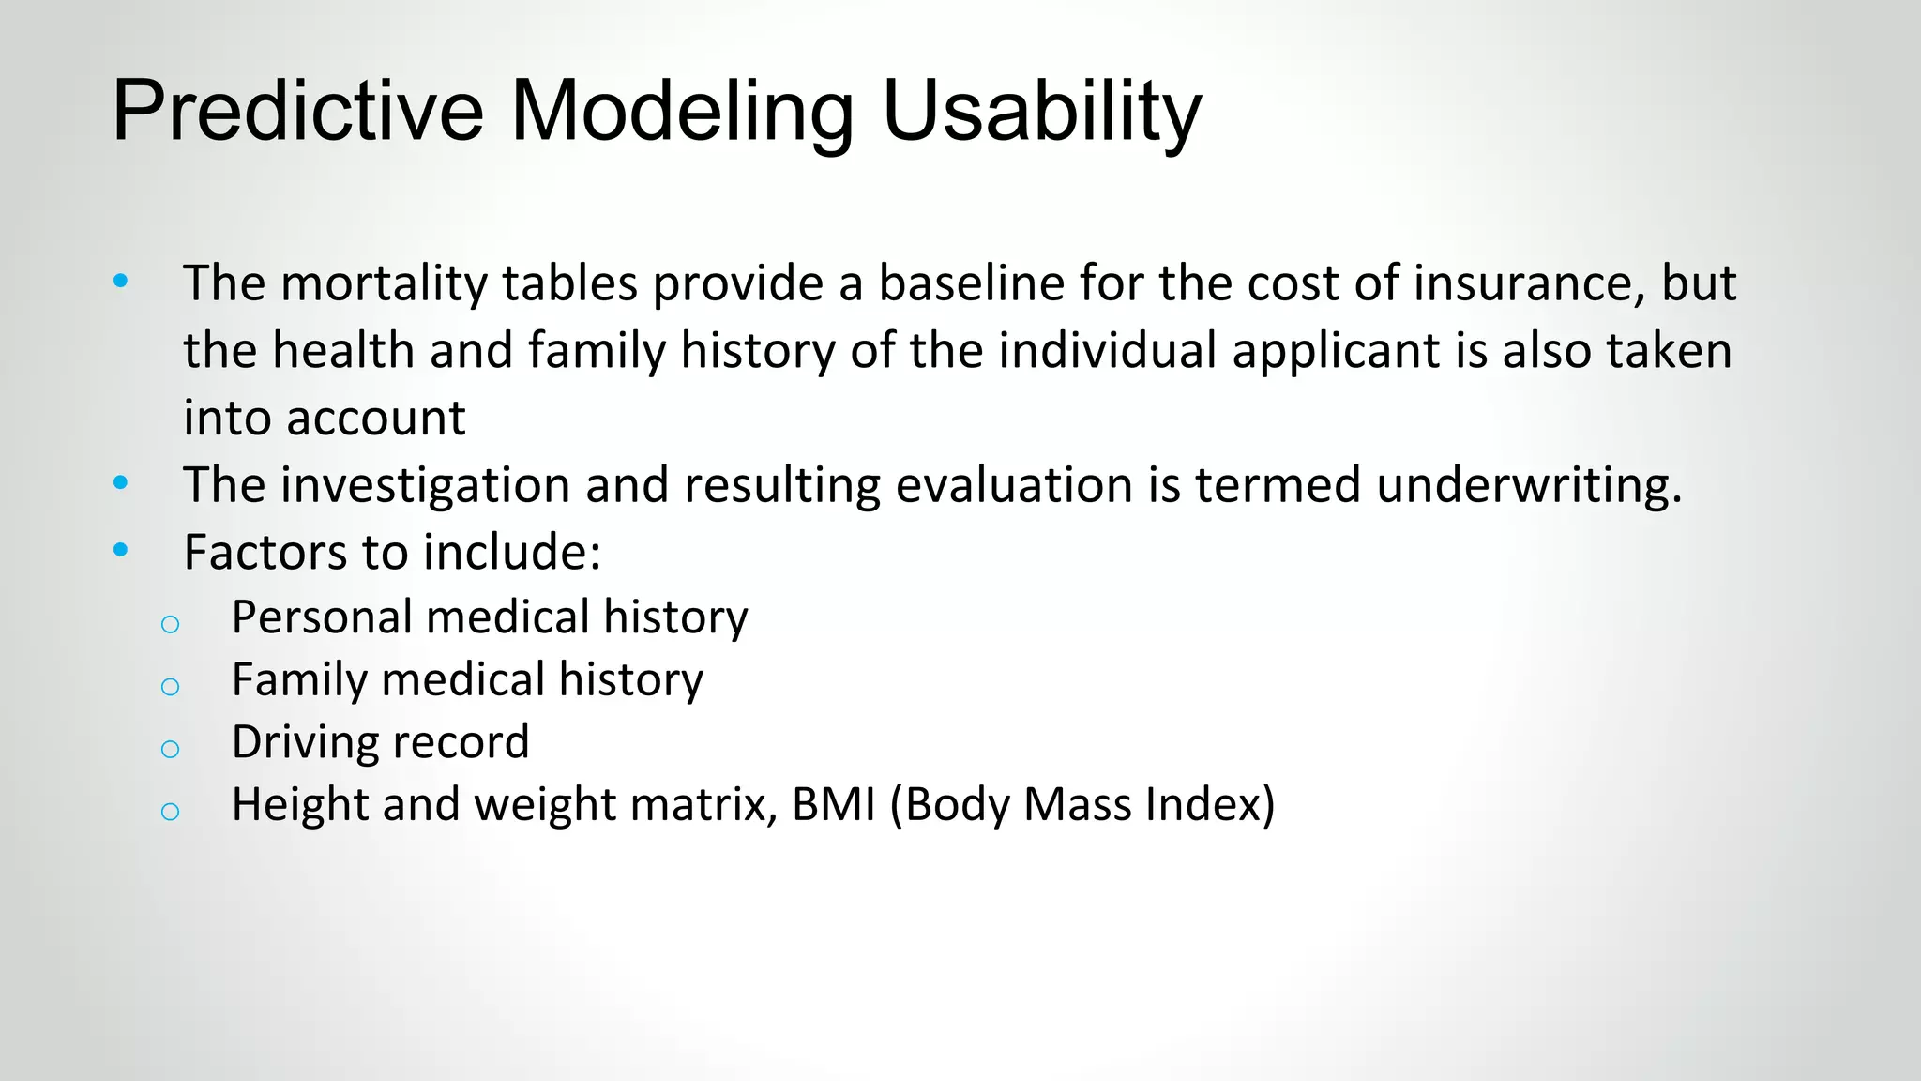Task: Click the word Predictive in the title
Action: click(x=297, y=111)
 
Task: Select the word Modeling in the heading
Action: click(x=682, y=111)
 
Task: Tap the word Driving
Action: click(x=303, y=742)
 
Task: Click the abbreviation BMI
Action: click(x=833, y=804)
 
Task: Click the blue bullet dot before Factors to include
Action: click(x=120, y=550)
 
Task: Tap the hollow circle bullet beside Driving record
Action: click(x=170, y=749)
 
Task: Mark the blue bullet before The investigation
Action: click(x=120, y=483)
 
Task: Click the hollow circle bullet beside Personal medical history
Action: click(x=170, y=624)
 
